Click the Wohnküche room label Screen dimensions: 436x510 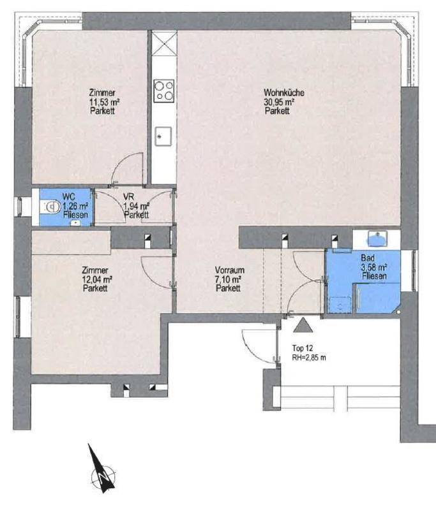point(284,92)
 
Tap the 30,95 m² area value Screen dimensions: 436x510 point(279,102)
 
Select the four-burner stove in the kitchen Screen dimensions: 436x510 point(164,91)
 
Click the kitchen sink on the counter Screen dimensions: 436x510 point(163,136)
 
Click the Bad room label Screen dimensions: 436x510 point(368,258)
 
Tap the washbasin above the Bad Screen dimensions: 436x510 point(377,238)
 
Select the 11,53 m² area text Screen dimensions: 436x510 point(104,102)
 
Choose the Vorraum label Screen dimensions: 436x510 point(230,270)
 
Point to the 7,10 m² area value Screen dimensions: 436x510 point(228,279)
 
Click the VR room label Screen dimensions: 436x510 point(128,197)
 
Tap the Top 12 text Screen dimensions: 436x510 point(303,348)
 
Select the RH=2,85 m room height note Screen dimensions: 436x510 point(309,358)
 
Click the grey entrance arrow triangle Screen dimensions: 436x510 point(303,325)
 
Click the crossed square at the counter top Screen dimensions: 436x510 point(164,41)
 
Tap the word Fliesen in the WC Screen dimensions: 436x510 point(76,215)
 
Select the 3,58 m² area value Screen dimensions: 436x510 point(374,267)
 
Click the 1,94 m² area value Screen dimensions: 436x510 point(137,206)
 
